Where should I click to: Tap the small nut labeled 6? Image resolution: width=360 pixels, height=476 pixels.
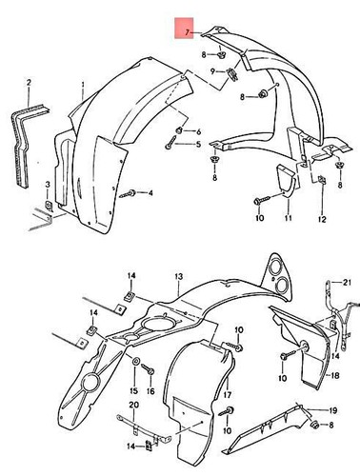click(x=180, y=129)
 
